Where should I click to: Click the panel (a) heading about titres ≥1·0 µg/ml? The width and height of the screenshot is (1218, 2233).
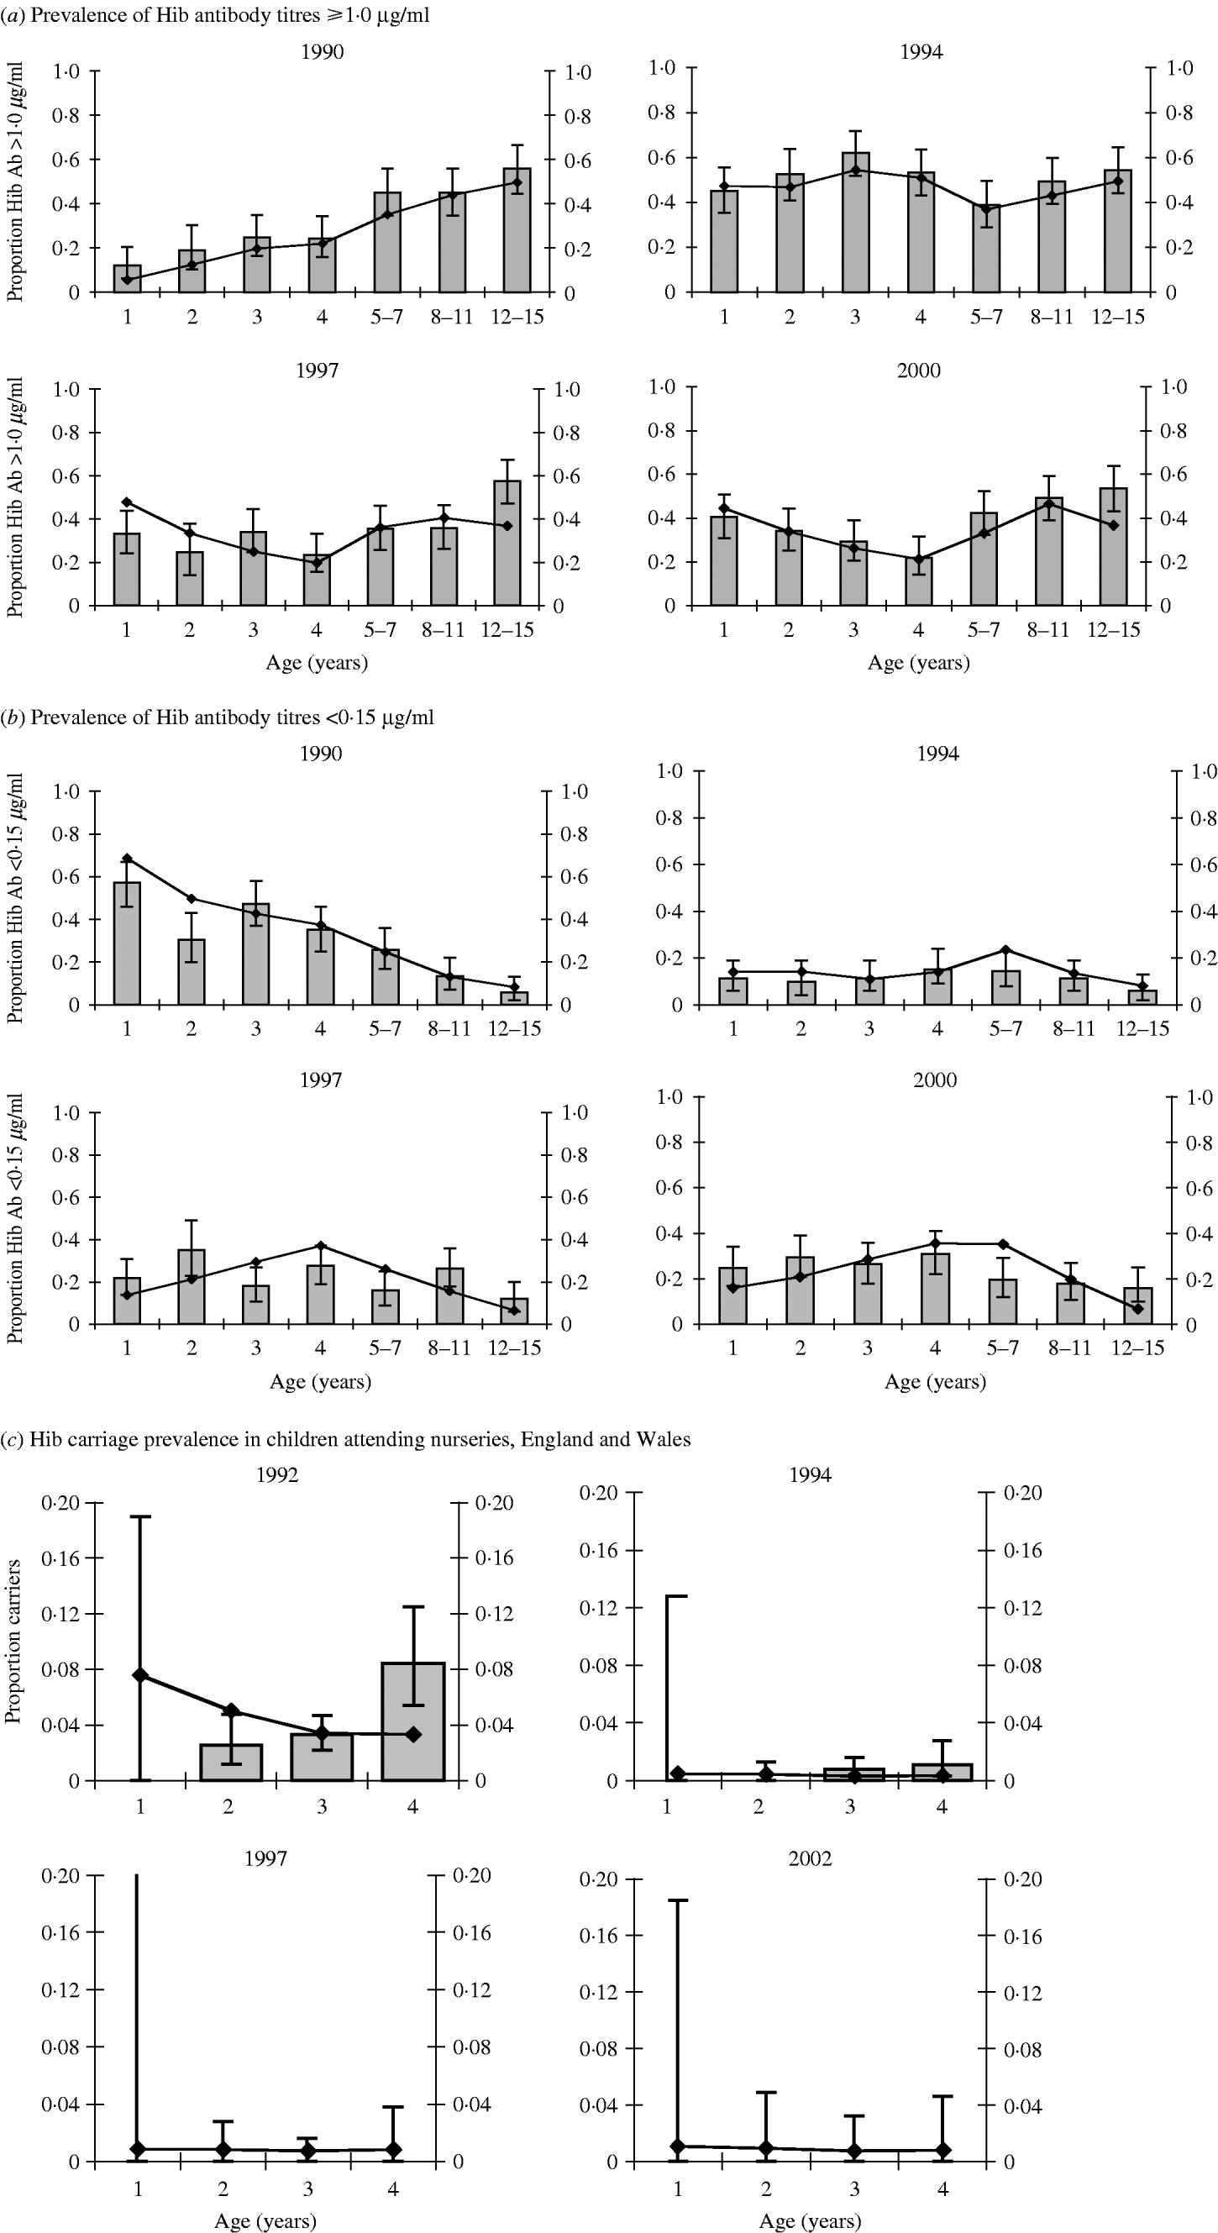pos(217,15)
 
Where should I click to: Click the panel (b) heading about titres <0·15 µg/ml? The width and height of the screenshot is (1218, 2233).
pos(218,717)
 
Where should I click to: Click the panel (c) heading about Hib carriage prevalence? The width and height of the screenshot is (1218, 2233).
pos(347,1439)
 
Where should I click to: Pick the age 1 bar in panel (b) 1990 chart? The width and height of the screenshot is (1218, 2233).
pos(128,945)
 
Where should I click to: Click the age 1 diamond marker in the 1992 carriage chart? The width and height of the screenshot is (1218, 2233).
pos(140,1676)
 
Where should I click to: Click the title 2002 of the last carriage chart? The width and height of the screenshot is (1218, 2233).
pos(810,1858)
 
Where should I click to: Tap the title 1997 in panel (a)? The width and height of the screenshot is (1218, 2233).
pos(318,370)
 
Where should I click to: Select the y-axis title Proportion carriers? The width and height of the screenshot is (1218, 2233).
pos(13,1642)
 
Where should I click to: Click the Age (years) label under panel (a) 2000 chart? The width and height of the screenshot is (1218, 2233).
pos(918,663)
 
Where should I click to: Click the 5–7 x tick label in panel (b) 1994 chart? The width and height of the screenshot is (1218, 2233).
pos(1005,1029)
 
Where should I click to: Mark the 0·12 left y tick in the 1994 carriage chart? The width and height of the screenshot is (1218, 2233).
pos(598,1608)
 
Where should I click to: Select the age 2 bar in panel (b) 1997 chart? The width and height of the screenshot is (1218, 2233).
pos(192,1287)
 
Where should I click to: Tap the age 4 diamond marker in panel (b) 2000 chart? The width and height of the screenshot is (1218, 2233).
pos(935,1243)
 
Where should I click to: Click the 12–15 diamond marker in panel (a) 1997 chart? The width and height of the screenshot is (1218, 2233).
pos(507,526)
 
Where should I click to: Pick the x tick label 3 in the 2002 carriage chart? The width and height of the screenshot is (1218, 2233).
pos(854,2189)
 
